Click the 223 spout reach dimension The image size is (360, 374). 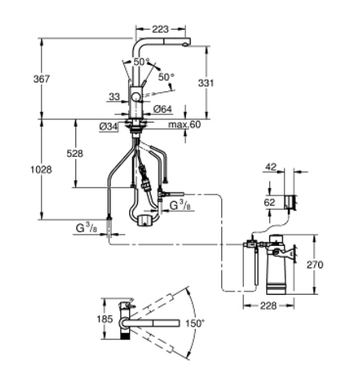[160, 29]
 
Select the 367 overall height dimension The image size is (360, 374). [42, 79]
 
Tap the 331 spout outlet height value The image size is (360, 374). [206, 83]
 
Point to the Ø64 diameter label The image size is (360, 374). [163, 109]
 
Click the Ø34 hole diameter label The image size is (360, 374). [108, 127]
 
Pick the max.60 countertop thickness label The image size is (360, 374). [184, 124]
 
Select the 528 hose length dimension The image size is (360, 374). [75, 154]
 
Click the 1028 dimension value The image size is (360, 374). [41, 170]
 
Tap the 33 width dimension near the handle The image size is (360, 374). [115, 97]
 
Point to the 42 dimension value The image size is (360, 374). [271, 167]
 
